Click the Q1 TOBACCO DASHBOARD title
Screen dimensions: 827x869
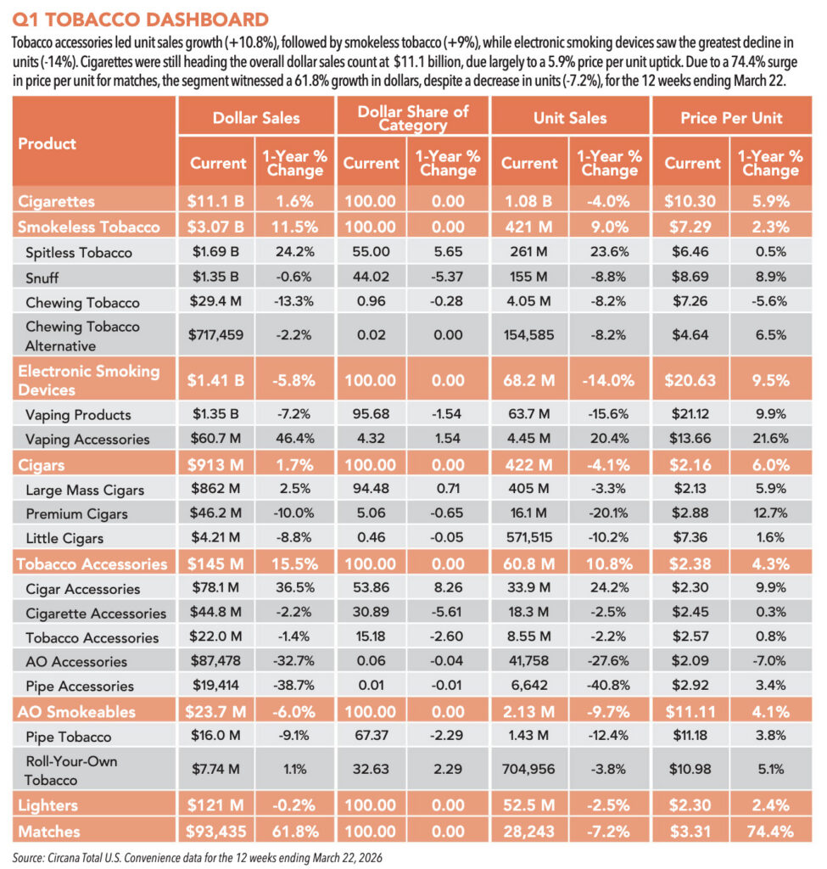[x=140, y=20]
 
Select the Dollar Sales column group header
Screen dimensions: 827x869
[x=256, y=118]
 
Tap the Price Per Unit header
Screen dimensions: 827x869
[x=731, y=118]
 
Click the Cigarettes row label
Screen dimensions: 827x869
[x=56, y=201]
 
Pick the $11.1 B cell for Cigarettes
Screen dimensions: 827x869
[x=215, y=201]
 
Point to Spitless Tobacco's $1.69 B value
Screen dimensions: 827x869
[x=215, y=251]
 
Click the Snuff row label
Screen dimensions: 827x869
[x=42, y=278]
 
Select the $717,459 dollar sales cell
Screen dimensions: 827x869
[x=215, y=334]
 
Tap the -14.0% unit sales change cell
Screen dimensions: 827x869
[x=608, y=381]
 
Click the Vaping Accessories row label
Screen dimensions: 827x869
[x=87, y=440]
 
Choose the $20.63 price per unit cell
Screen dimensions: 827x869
[x=690, y=381]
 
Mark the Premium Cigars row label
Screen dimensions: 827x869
[x=76, y=513]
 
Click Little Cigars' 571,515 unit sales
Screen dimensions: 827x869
[x=529, y=537]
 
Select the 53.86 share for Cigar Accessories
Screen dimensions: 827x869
[x=371, y=587]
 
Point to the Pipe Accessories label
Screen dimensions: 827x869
[x=80, y=686]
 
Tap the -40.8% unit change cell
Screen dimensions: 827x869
[x=609, y=685]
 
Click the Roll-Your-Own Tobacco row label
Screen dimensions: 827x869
[x=71, y=771]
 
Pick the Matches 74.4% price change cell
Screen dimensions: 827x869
[x=770, y=832]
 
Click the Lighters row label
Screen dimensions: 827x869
[x=47, y=806]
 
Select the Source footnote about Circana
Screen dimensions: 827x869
[x=197, y=858]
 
